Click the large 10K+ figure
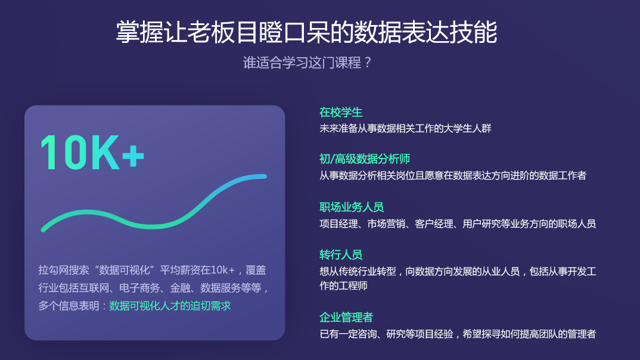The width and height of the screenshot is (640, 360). pyautogui.click(x=92, y=153)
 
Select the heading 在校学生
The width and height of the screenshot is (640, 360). pyautogui.click(x=341, y=112)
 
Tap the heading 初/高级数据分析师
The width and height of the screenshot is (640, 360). pyautogui.click(x=365, y=159)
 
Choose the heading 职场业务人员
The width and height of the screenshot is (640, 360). pyautogui.click(x=352, y=207)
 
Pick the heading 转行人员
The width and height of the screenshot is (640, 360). pyautogui.click(x=341, y=255)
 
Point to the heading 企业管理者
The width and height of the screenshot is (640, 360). pyautogui.click(x=346, y=318)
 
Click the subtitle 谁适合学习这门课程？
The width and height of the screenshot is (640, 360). pyautogui.click(x=307, y=63)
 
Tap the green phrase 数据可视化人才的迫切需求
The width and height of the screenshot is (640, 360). pyautogui.click(x=170, y=306)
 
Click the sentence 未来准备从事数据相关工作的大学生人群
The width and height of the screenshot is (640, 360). pyautogui.click(x=405, y=128)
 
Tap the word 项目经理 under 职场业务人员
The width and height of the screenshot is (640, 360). pyautogui.click(x=338, y=224)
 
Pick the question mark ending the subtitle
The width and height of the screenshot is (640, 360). pyautogui.click(x=367, y=63)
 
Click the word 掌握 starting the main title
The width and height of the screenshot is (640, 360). pyautogui.click(x=132, y=32)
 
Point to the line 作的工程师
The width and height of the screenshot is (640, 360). pyautogui.click(x=344, y=286)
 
